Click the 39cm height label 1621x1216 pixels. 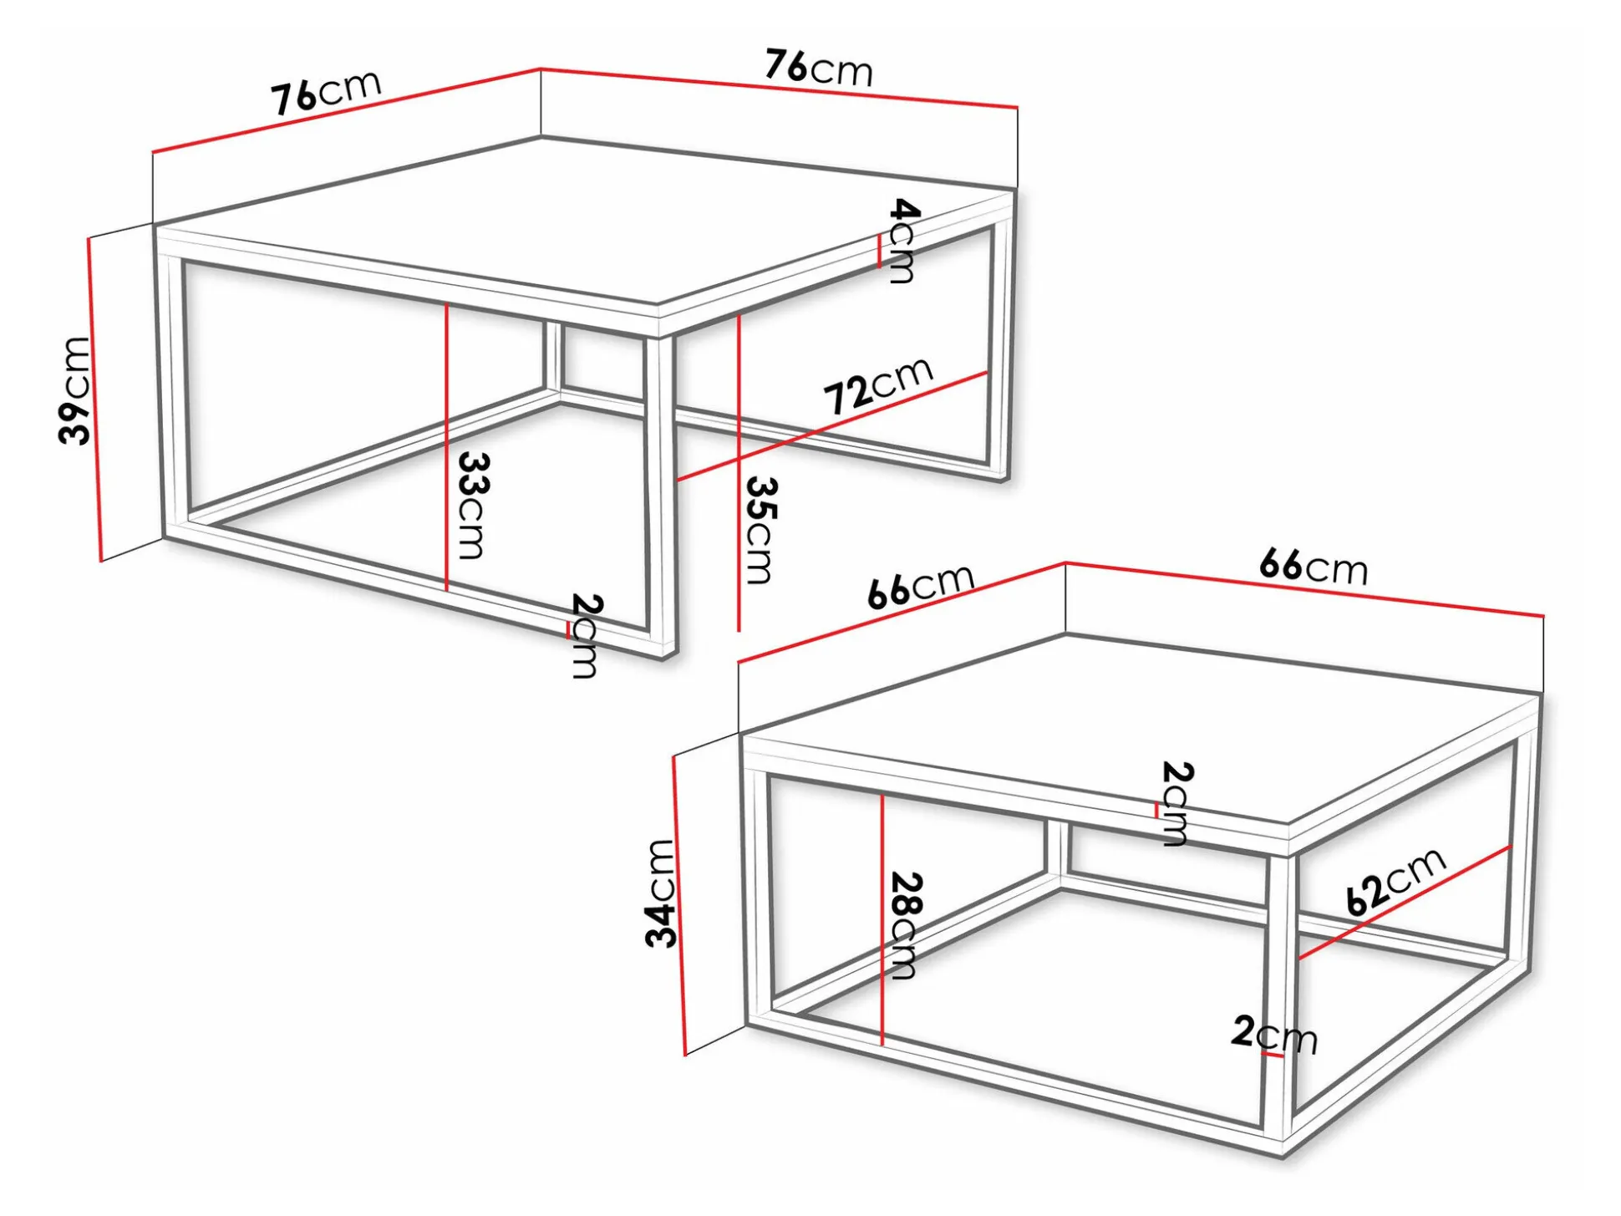tap(74, 390)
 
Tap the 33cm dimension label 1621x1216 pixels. tap(471, 506)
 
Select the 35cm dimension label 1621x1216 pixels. tap(760, 530)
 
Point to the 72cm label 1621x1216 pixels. tap(877, 385)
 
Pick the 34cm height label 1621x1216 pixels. tap(660, 893)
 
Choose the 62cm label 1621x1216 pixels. tap(1395, 881)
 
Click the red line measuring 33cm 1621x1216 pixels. tap(447, 447)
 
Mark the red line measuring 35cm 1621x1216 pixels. tap(739, 472)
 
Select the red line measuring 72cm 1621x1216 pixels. tap(832, 426)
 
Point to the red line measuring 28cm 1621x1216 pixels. tap(882, 919)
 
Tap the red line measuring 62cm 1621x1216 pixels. tap(1405, 903)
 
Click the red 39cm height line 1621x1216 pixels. tap(94, 399)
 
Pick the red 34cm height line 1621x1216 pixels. tap(678, 906)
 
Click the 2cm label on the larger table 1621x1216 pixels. tap(585, 636)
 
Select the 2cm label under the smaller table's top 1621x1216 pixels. tap(1176, 804)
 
